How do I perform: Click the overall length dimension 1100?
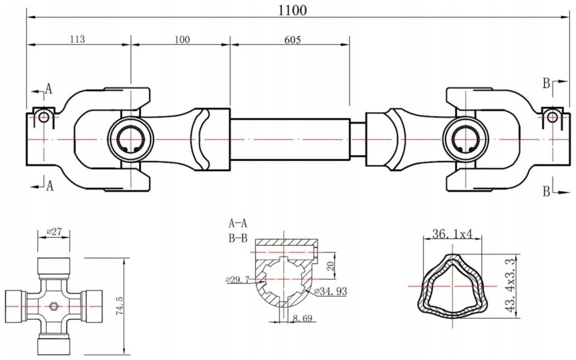coord(292,10)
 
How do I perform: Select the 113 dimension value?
coord(77,39)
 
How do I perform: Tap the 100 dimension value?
coord(182,40)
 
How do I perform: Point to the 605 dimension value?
coord(292,40)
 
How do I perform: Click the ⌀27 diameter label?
coord(53,232)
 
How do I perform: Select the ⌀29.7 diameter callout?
coord(238,280)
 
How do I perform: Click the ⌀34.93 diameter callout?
coord(331,292)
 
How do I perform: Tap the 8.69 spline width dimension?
coord(302,318)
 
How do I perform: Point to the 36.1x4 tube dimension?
coord(451,234)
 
